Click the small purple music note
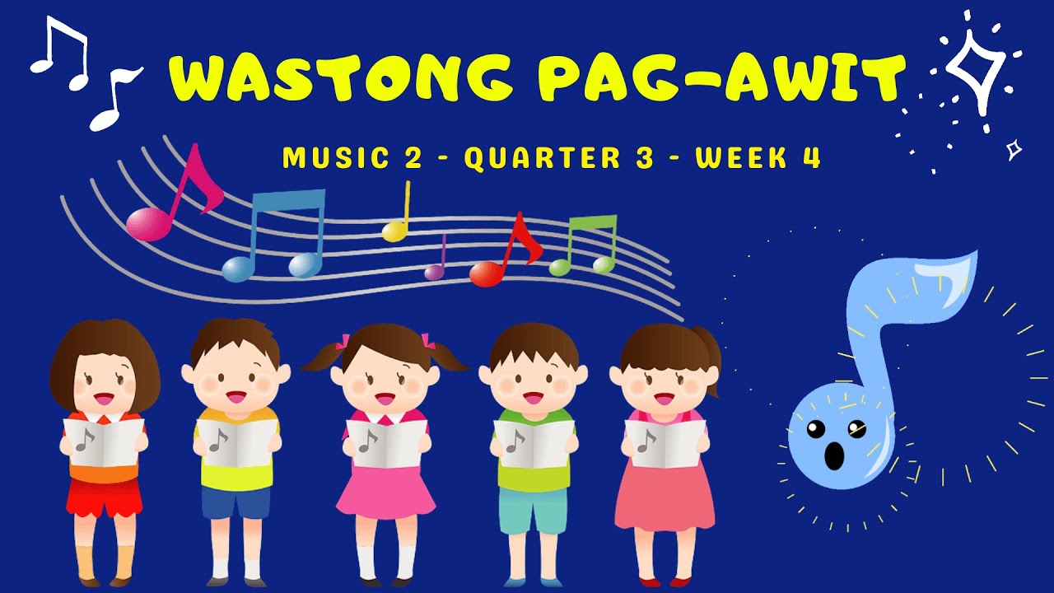436,264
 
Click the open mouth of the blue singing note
834,454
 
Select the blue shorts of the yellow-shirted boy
236,501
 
